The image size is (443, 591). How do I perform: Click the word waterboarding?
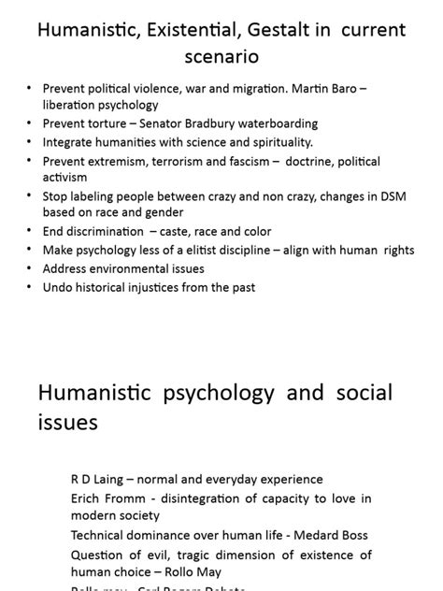tap(277, 123)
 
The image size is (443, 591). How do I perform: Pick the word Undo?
tap(57, 288)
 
